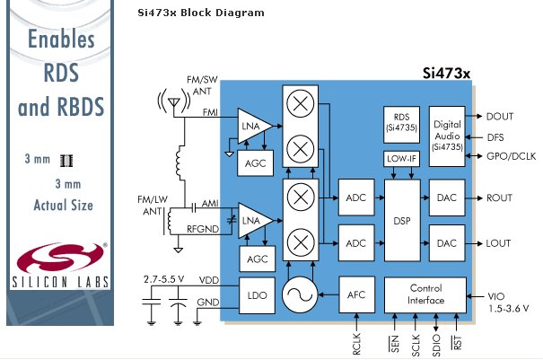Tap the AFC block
(355, 293)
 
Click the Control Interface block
(425, 294)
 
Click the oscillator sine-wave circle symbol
(302, 293)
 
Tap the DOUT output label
(499, 117)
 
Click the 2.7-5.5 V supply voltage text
(165, 280)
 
